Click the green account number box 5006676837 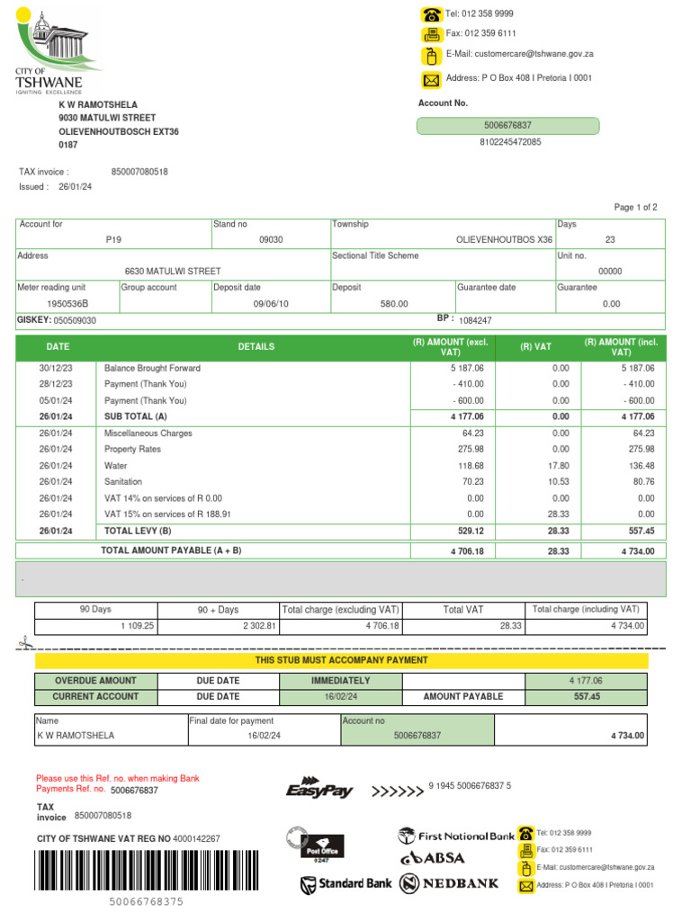pyautogui.click(x=508, y=125)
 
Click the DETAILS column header pyautogui.click(x=256, y=347)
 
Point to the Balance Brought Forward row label pyautogui.click(x=152, y=369)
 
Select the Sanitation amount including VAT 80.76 pyautogui.click(x=640, y=482)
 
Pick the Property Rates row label pyautogui.click(x=132, y=450)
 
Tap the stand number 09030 pyautogui.click(x=271, y=240)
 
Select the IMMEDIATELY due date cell pyautogui.click(x=340, y=681)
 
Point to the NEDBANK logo pyautogui.click(x=449, y=884)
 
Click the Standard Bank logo pyautogui.click(x=346, y=884)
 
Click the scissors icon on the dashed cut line pyautogui.click(x=23, y=644)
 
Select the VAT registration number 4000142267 pyautogui.click(x=196, y=839)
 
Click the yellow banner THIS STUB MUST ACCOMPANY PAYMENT pyautogui.click(x=340, y=661)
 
